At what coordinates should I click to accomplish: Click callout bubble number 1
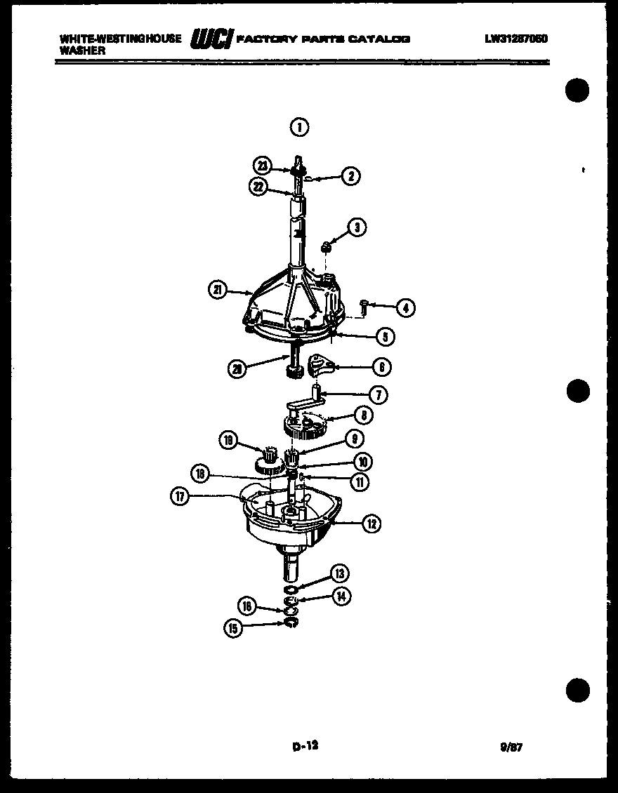point(299,127)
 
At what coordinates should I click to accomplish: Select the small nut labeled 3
point(327,246)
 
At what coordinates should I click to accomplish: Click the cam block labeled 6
point(320,364)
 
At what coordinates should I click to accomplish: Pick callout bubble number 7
point(377,395)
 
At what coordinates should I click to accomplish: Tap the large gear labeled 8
point(304,424)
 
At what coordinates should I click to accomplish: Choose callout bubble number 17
point(180,496)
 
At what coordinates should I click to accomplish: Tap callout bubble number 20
point(237,368)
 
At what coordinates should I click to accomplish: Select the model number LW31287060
point(515,39)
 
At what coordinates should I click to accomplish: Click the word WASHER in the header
point(82,51)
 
